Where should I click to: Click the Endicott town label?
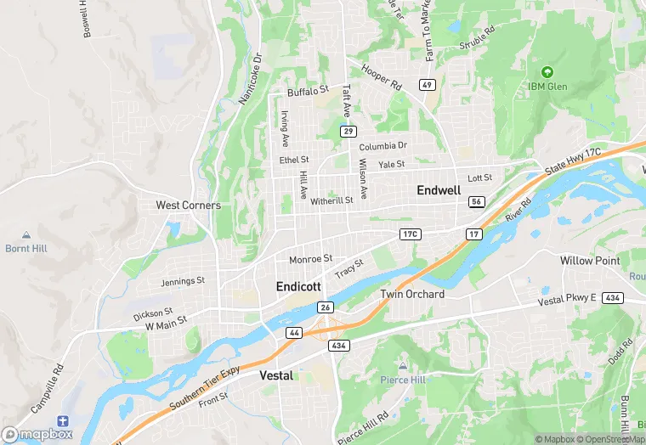[298, 287]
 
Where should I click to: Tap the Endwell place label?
[439, 190]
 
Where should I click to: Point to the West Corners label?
[188, 205]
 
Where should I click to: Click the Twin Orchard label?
[411, 294]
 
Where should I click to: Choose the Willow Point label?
[590, 261]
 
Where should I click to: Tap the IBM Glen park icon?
[547, 71]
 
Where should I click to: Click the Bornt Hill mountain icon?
[25, 234]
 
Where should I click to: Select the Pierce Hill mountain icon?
[402, 365]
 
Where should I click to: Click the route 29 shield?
[348, 131]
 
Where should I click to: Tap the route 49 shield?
[427, 84]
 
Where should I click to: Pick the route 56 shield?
[476, 201]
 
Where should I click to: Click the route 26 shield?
[325, 306]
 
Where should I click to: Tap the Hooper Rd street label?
[381, 77]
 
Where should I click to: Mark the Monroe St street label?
[310, 259]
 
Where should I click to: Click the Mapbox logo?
[37, 434]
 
